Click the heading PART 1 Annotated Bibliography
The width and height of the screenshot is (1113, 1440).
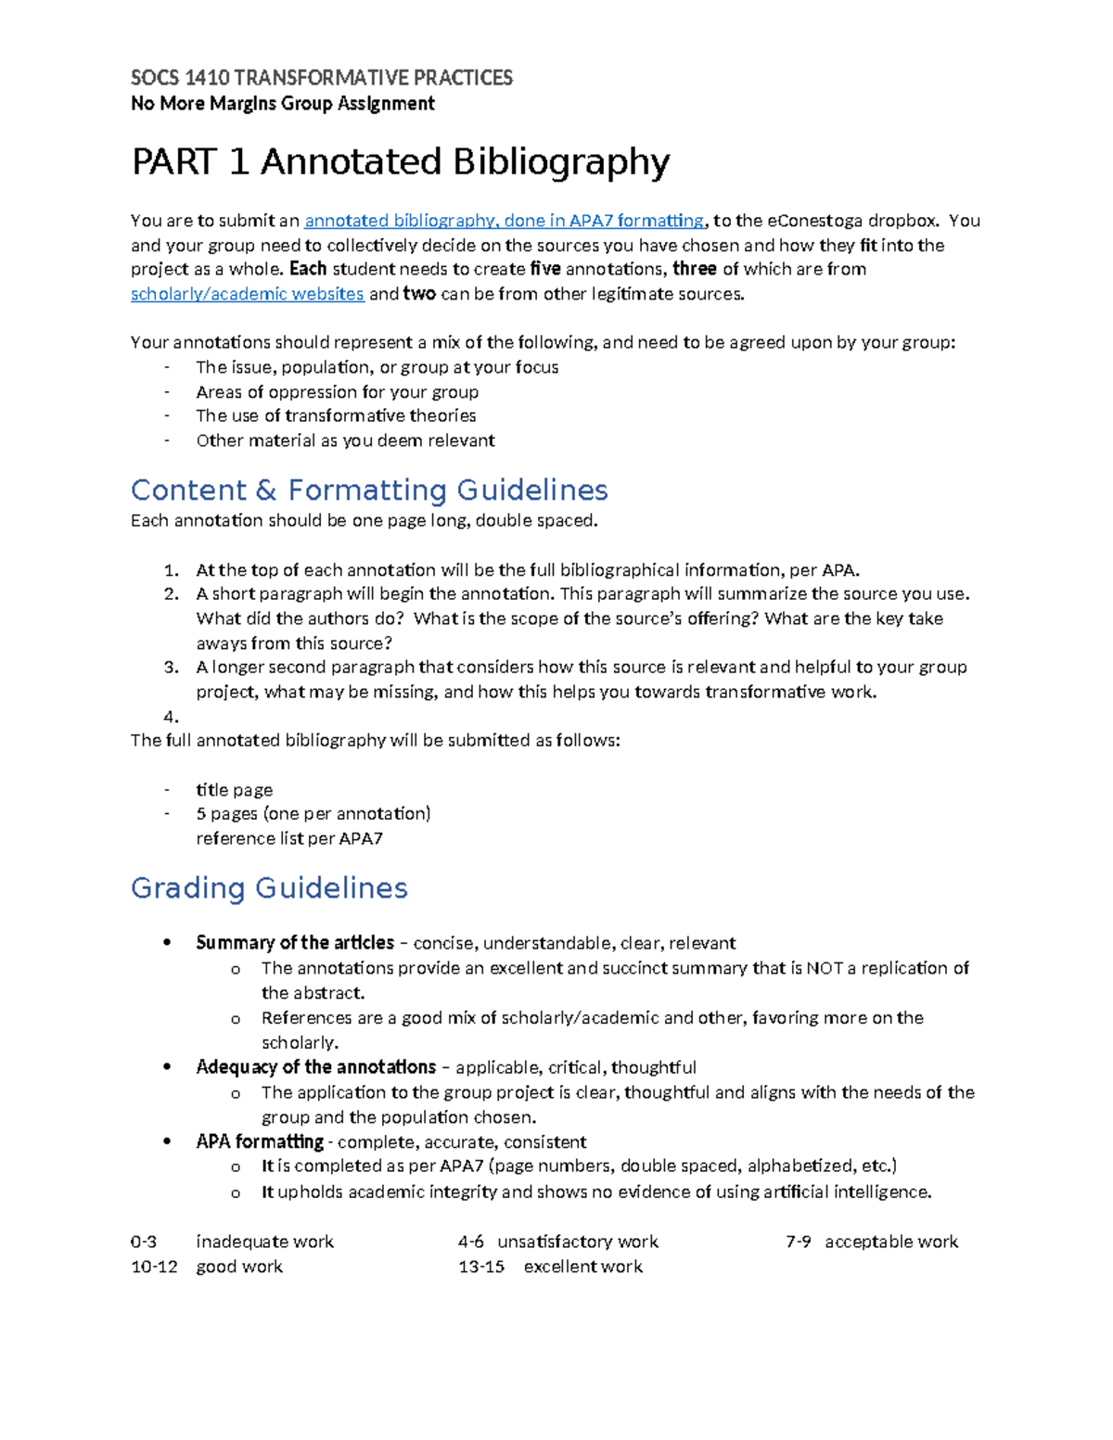[400, 162]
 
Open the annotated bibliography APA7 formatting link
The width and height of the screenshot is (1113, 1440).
[504, 221]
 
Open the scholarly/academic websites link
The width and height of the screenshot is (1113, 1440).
[247, 294]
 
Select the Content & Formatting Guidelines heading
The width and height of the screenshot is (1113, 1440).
[369, 490]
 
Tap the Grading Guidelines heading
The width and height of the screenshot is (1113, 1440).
[269, 887]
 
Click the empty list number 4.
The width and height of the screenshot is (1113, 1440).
[170, 717]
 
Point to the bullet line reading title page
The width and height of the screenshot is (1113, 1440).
[234, 790]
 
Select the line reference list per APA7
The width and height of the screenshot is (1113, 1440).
[289, 838]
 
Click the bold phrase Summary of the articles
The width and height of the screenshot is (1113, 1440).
[295, 943]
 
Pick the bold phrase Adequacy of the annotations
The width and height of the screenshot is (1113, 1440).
[315, 1067]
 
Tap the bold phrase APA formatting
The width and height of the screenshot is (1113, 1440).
[260, 1141]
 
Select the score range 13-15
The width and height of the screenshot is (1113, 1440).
[481, 1267]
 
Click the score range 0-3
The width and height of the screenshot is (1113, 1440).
[144, 1242]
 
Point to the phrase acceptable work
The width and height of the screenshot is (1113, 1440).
[890, 1242]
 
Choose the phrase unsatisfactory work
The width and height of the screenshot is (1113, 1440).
[577, 1242]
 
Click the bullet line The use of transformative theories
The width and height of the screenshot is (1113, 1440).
[336, 415]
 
